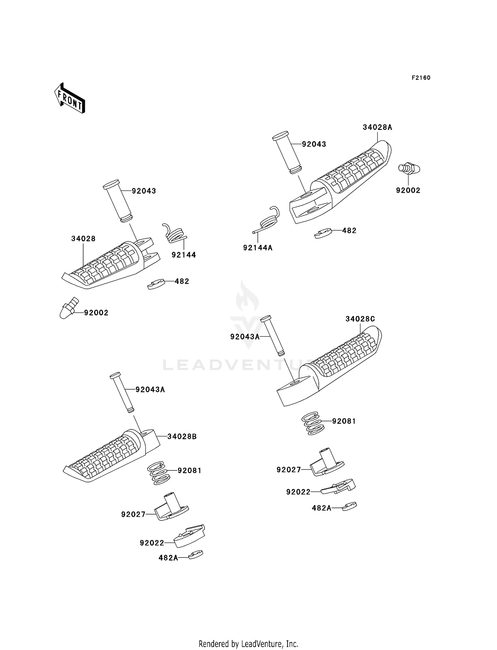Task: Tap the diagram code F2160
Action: (421, 78)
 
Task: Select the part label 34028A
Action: (377, 127)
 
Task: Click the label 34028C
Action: (360, 319)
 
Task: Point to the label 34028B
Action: (182, 437)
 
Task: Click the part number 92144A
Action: (258, 248)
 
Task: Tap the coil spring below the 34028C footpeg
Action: (312, 423)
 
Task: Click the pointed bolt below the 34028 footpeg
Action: (69, 308)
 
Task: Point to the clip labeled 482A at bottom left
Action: (195, 554)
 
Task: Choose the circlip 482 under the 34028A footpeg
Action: (323, 233)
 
